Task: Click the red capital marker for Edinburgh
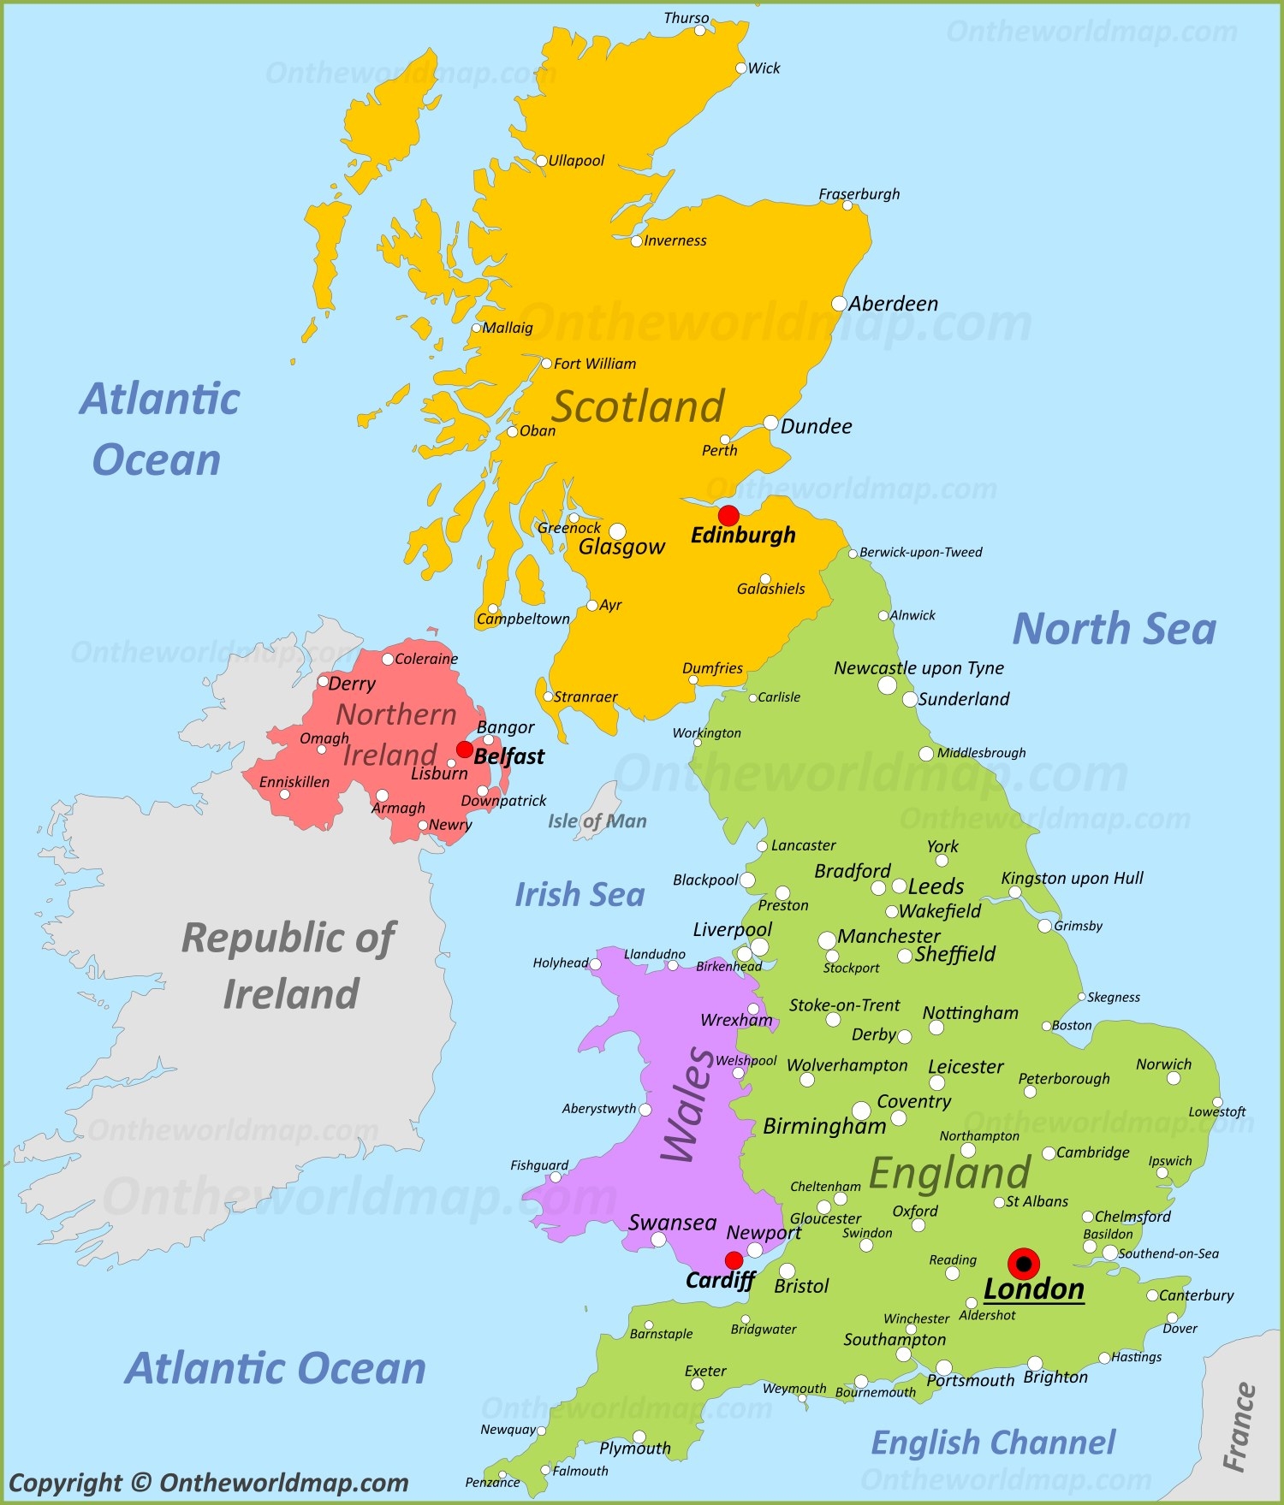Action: pos(728,515)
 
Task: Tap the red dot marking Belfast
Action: pos(464,750)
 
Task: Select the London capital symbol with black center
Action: pos(1024,1264)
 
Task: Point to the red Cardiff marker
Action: pos(734,1260)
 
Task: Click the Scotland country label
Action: pos(638,406)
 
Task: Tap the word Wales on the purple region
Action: pos(688,1105)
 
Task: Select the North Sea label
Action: pos(1114,629)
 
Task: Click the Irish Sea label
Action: pos(580,895)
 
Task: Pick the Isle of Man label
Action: pos(597,821)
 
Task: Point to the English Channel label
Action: pos(993,1443)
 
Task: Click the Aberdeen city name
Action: pos(893,304)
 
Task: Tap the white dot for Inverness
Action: pos(637,241)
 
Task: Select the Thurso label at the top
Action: pos(686,18)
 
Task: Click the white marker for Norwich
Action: pos(1174,1078)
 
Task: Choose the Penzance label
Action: pos(492,1483)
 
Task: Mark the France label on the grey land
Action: pos(1239,1427)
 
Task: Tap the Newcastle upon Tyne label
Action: pos(918,668)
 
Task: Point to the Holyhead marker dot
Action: pos(596,964)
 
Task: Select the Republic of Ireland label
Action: pos(289,966)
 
